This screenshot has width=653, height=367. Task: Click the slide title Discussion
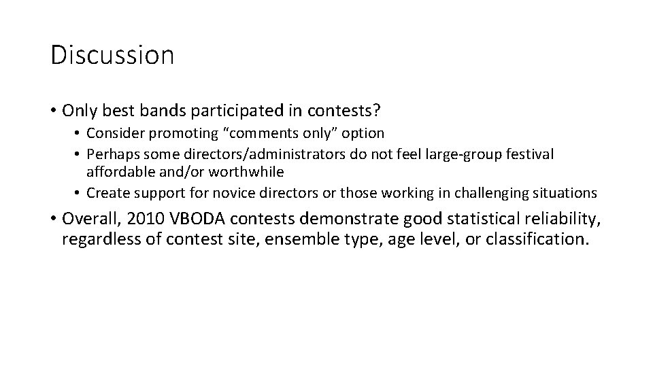112,55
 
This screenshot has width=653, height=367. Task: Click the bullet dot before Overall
53,220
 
